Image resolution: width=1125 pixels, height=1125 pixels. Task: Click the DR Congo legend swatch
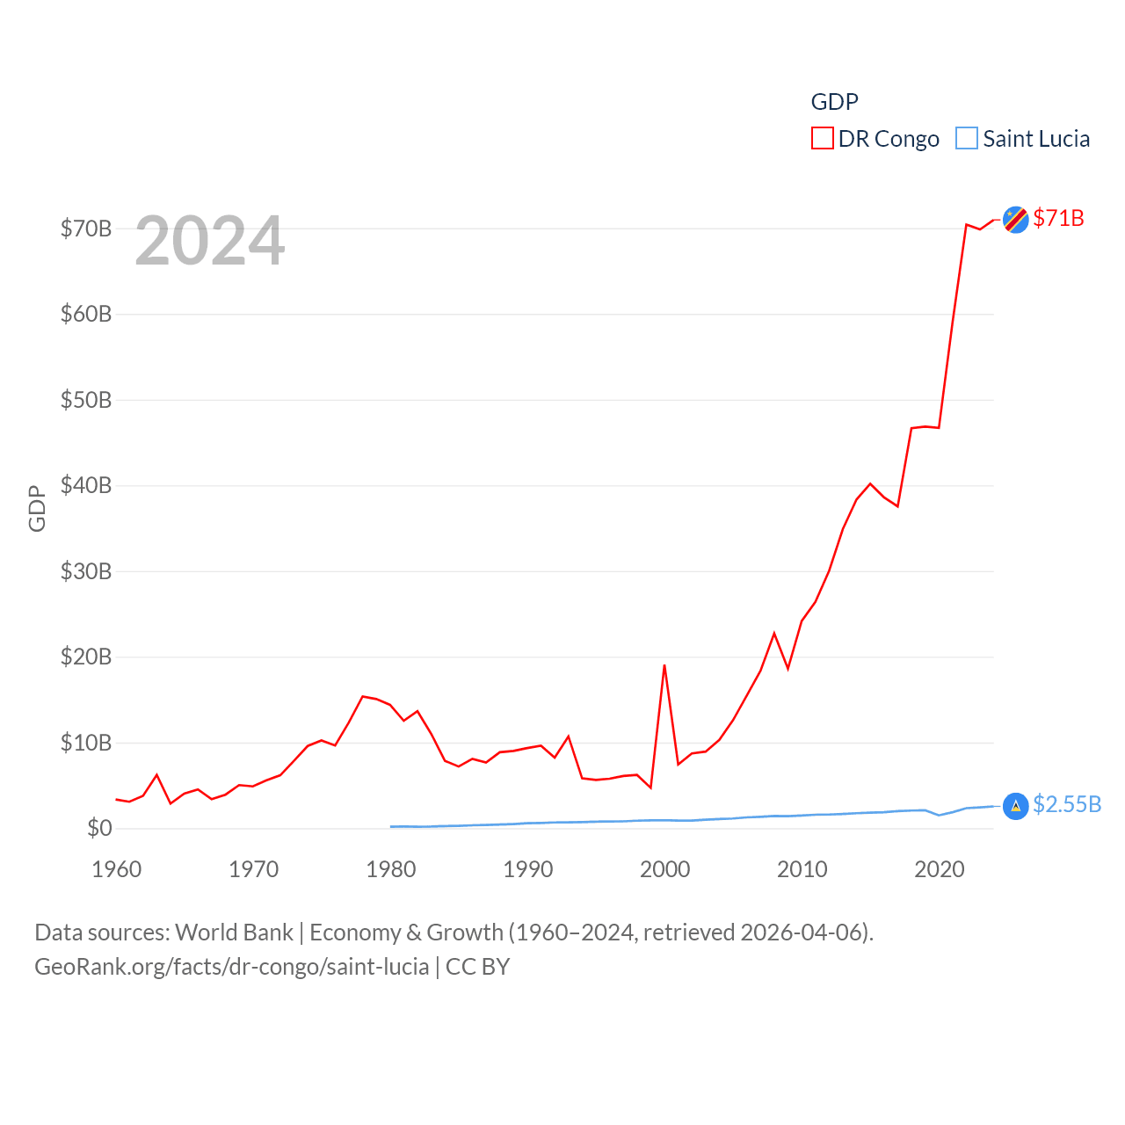[822, 139]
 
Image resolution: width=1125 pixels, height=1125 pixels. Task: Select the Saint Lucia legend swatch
[966, 139]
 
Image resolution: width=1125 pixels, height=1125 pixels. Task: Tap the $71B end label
[1058, 218]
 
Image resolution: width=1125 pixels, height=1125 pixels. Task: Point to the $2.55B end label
[1067, 804]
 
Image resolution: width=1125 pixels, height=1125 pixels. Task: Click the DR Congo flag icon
[1015, 220]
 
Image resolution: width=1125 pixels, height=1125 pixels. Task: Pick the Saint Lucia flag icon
[1015, 806]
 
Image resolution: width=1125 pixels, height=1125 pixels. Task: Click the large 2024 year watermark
[210, 241]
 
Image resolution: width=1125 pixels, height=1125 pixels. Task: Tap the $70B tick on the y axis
[86, 229]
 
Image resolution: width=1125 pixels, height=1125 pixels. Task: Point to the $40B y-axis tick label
[86, 485]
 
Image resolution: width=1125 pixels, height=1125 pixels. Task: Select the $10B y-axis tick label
[86, 743]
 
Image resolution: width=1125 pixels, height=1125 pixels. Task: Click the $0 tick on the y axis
[99, 828]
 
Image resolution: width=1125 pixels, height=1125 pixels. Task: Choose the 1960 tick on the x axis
[117, 869]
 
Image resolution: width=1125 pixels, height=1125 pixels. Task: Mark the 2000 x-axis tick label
[665, 869]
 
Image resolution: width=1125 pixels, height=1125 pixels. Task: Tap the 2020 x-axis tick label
[940, 869]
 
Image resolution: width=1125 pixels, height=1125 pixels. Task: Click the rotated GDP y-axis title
[37, 508]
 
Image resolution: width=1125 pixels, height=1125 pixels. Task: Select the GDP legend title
[834, 102]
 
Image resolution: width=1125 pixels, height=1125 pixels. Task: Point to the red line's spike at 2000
[664, 665]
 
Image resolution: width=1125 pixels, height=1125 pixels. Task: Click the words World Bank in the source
[235, 932]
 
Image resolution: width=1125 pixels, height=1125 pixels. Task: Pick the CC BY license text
[477, 967]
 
